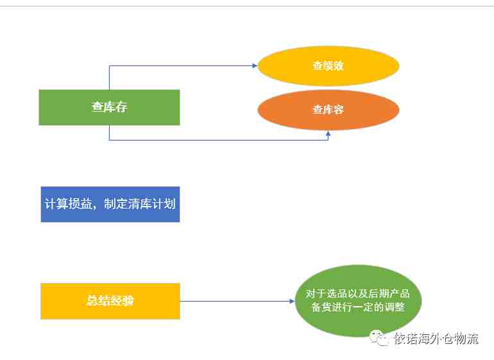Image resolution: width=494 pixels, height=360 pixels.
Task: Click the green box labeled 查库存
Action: click(109, 108)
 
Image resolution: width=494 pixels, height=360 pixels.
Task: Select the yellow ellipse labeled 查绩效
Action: click(328, 66)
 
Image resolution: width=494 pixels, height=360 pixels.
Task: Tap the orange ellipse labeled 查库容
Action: click(328, 110)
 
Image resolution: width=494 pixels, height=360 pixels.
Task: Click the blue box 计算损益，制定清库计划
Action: click(110, 204)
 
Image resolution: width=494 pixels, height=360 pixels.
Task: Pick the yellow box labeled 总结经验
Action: click(110, 301)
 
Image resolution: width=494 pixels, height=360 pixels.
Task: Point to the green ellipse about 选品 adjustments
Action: click(358, 301)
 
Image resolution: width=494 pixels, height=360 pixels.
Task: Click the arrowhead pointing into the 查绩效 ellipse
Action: click(255, 65)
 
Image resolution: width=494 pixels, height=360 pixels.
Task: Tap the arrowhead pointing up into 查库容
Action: click(328, 133)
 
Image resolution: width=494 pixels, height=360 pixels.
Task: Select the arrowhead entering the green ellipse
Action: click(292, 301)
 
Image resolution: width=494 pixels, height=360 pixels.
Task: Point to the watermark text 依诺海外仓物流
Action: click(436, 339)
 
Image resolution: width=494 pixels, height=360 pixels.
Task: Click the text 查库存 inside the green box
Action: click(109, 107)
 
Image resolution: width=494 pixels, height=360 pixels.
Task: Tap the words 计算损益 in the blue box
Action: click(68, 204)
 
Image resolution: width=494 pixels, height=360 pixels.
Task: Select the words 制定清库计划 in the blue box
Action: click(140, 204)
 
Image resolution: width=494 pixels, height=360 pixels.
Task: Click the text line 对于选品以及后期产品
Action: click(358, 293)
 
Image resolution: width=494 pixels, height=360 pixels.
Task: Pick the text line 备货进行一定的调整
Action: click(358, 307)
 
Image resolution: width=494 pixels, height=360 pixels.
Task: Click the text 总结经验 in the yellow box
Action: click(110, 301)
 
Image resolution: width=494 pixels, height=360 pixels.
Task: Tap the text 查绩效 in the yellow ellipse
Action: click(328, 65)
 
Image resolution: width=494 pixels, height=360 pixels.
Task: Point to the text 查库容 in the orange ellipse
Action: click(328, 109)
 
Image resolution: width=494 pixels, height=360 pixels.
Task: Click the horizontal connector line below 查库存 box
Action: click(219, 140)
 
